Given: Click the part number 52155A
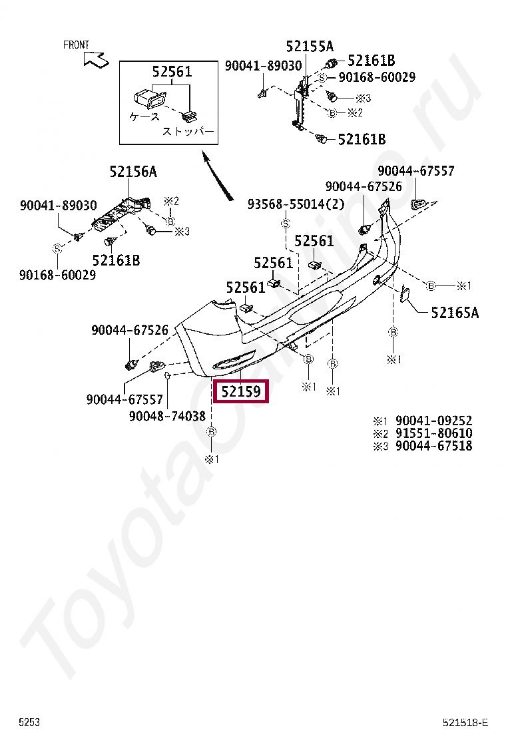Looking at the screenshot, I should (x=310, y=46).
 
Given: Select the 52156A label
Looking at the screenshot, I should (x=133, y=172).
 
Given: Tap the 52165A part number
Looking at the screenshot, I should (x=455, y=311).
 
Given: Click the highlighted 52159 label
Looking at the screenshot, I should (x=240, y=391).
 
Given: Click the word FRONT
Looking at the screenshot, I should (x=76, y=45).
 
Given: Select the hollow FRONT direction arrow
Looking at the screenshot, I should (x=96, y=59).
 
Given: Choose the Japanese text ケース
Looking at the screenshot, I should (x=144, y=116).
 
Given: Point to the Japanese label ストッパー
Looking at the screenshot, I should (x=188, y=132).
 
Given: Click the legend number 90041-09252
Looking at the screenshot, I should (x=433, y=421).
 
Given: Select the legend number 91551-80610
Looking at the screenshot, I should (x=433, y=433).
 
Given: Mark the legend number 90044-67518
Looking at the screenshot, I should (x=433, y=446).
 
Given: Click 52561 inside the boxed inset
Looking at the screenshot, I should (x=171, y=72).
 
